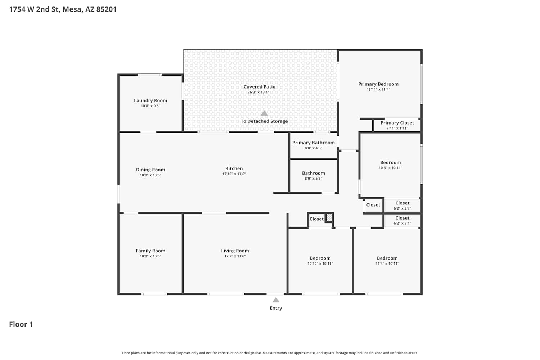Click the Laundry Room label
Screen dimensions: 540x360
[150, 100]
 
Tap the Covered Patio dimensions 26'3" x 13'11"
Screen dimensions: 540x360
[260, 92]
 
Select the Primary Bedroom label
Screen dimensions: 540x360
[378, 84]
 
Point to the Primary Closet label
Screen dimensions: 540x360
[397, 123]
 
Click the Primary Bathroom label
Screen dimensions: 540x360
[314, 143]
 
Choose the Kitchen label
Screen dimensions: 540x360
[234, 168]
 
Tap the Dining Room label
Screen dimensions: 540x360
[150, 170]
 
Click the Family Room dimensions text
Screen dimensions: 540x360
[150, 256]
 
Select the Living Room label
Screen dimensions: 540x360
[235, 251]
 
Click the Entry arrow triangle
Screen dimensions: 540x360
[276, 300]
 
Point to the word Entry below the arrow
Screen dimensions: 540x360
[276, 308]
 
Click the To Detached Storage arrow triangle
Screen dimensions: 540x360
[264, 113]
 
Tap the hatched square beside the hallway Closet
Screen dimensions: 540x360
[329, 218]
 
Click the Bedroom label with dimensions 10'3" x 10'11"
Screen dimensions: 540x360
[390, 162]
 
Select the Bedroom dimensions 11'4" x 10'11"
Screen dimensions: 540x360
[387, 264]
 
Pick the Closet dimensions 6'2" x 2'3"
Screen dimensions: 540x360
[402, 208]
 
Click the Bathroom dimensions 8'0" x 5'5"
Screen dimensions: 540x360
[314, 179]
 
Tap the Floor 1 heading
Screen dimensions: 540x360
[21, 324]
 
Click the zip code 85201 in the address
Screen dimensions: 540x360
[106, 9]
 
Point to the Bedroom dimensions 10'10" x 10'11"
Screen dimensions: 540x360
[320, 264]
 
